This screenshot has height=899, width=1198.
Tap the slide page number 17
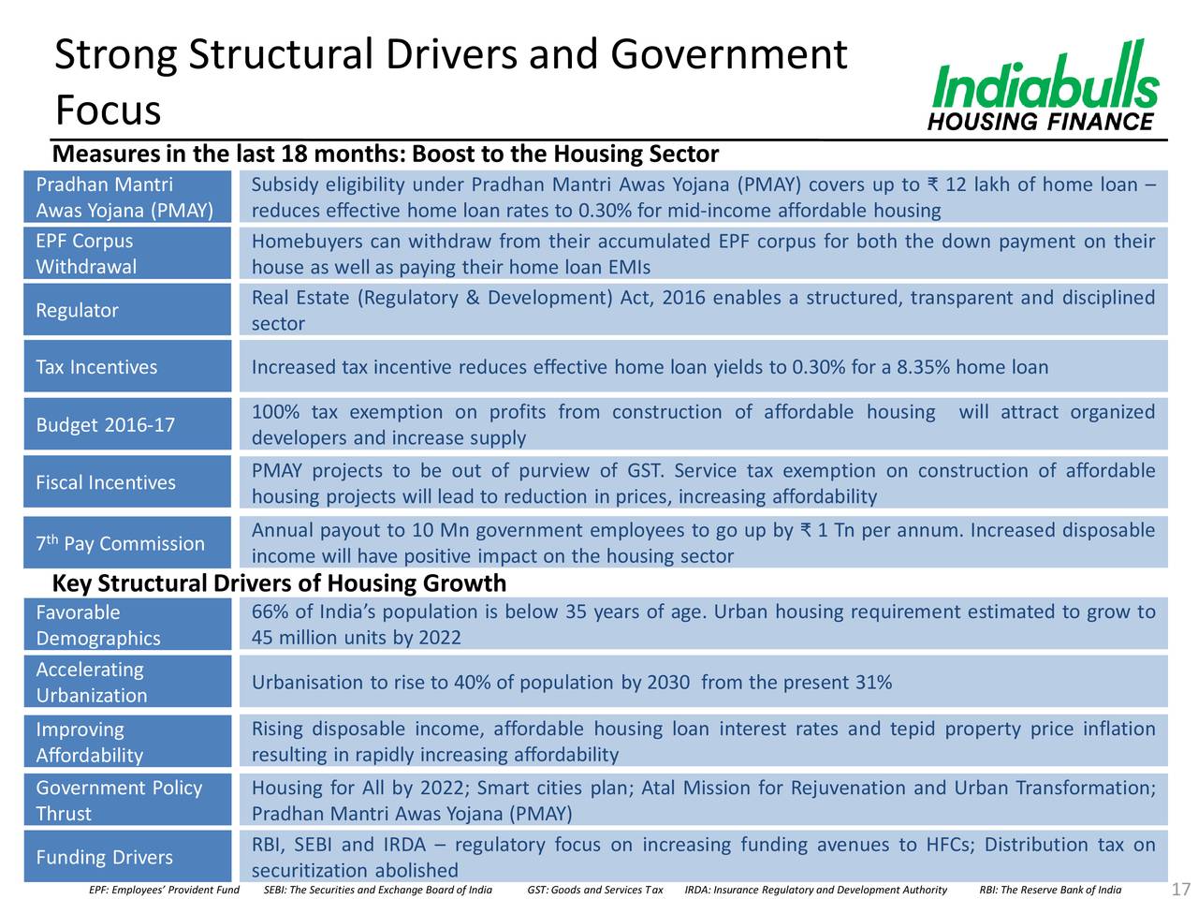pos(1180,888)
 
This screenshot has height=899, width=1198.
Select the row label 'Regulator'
pos(77,311)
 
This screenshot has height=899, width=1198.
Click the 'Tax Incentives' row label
pos(96,367)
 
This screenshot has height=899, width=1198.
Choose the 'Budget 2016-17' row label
pos(106,424)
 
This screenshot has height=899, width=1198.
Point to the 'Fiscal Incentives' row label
pos(106,482)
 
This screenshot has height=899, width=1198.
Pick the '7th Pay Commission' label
pos(120,543)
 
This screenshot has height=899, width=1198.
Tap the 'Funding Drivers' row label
pos(104,857)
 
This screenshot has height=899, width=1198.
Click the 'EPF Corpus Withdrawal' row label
pos(86,254)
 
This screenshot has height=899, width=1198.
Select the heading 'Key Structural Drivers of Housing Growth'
pos(279,583)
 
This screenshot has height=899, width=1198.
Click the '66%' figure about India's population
pos(270,612)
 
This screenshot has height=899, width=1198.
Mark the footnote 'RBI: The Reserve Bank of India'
pos(1050,890)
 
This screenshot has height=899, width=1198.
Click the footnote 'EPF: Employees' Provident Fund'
pos(165,890)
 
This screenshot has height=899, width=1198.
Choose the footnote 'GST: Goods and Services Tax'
pos(595,890)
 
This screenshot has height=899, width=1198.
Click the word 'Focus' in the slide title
pos(108,110)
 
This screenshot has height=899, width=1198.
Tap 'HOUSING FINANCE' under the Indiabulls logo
pos(1041,122)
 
